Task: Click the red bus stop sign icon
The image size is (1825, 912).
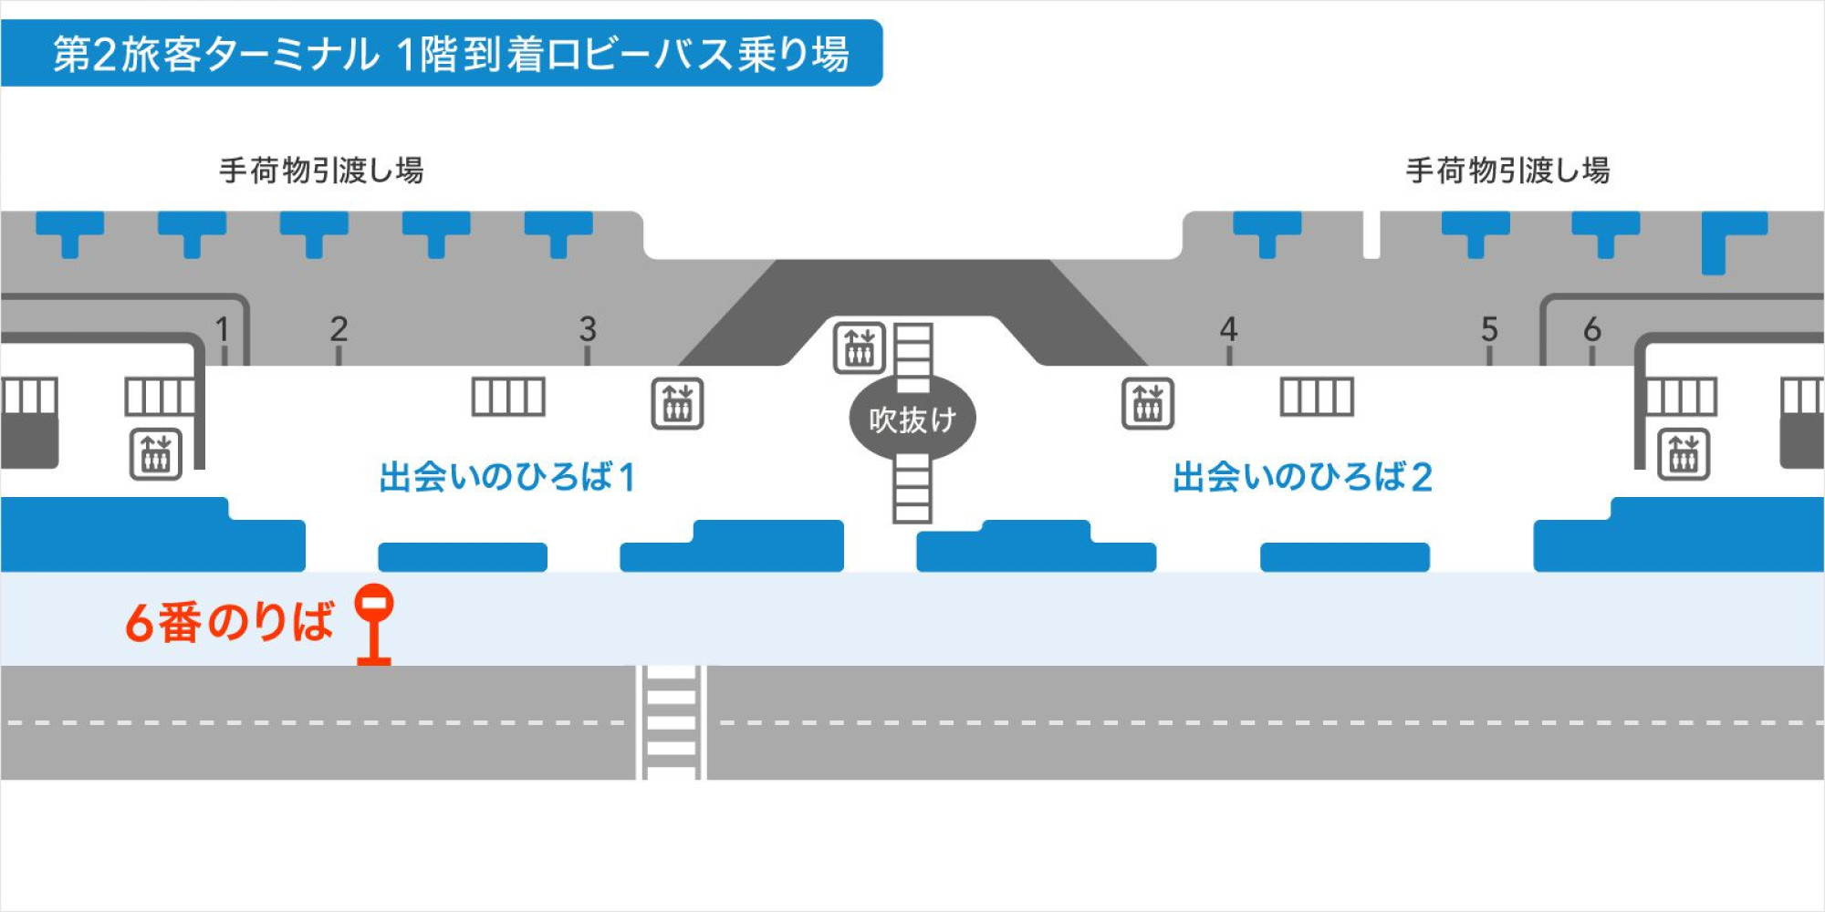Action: (374, 624)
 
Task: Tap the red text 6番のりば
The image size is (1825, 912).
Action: (229, 623)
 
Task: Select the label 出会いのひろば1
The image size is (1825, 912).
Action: (507, 477)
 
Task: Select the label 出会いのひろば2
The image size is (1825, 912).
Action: (1302, 477)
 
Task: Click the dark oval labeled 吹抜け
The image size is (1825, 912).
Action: (912, 419)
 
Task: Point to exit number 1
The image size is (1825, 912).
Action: (222, 329)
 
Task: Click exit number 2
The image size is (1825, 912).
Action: (339, 329)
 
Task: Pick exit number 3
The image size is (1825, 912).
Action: (588, 329)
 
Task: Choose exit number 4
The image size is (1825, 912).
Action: (1228, 329)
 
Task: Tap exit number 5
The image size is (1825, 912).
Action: (1489, 329)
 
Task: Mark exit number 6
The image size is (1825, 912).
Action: (1592, 329)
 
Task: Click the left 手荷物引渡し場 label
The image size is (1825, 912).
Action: (321, 171)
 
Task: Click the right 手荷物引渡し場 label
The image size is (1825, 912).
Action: (1507, 171)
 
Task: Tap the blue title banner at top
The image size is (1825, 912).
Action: (442, 54)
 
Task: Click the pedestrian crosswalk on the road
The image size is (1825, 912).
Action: (671, 722)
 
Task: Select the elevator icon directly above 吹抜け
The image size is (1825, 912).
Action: (860, 347)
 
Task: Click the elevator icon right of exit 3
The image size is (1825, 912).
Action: (677, 403)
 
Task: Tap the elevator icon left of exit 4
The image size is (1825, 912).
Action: (1147, 403)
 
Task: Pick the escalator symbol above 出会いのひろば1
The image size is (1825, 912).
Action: (508, 397)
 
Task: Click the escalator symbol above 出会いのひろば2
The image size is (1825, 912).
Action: (1317, 397)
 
